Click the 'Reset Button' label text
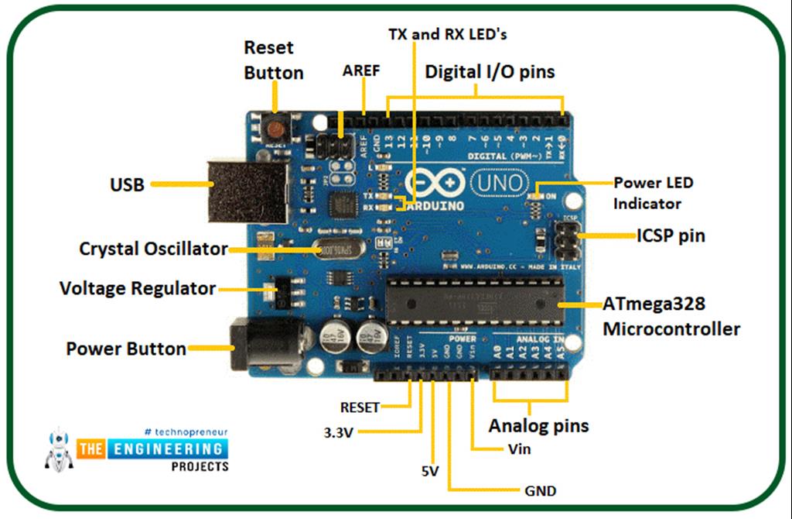coord(273,60)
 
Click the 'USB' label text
coord(126,185)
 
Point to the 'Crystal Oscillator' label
coord(153,249)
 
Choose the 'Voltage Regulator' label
coord(138,288)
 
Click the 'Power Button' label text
coord(126,349)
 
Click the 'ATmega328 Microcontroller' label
coord(671,317)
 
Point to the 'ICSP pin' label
coord(671,235)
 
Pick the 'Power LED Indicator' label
coord(653,194)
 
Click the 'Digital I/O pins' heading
coord(490,72)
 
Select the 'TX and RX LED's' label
coord(447,34)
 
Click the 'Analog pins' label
coord(538,425)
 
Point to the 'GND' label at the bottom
coord(540,491)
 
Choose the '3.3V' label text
coord(339,431)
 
